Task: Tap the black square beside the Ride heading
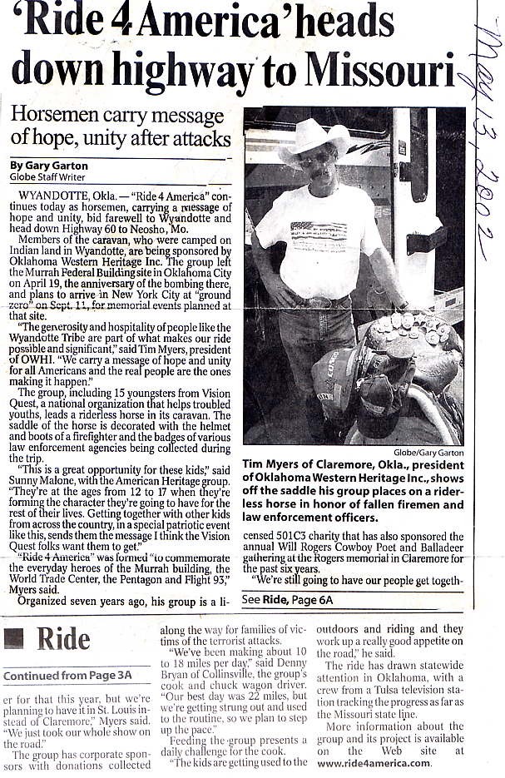[13, 638]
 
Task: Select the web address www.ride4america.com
[374, 764]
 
